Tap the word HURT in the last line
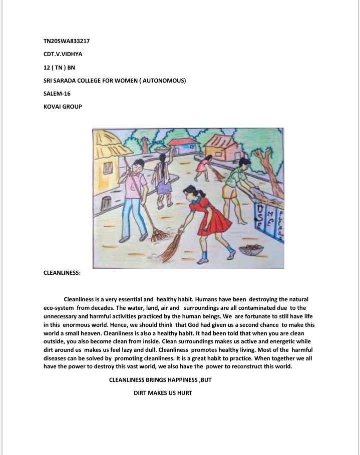click(x=183, y=393)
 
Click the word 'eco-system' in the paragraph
click(x=59, y=309)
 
